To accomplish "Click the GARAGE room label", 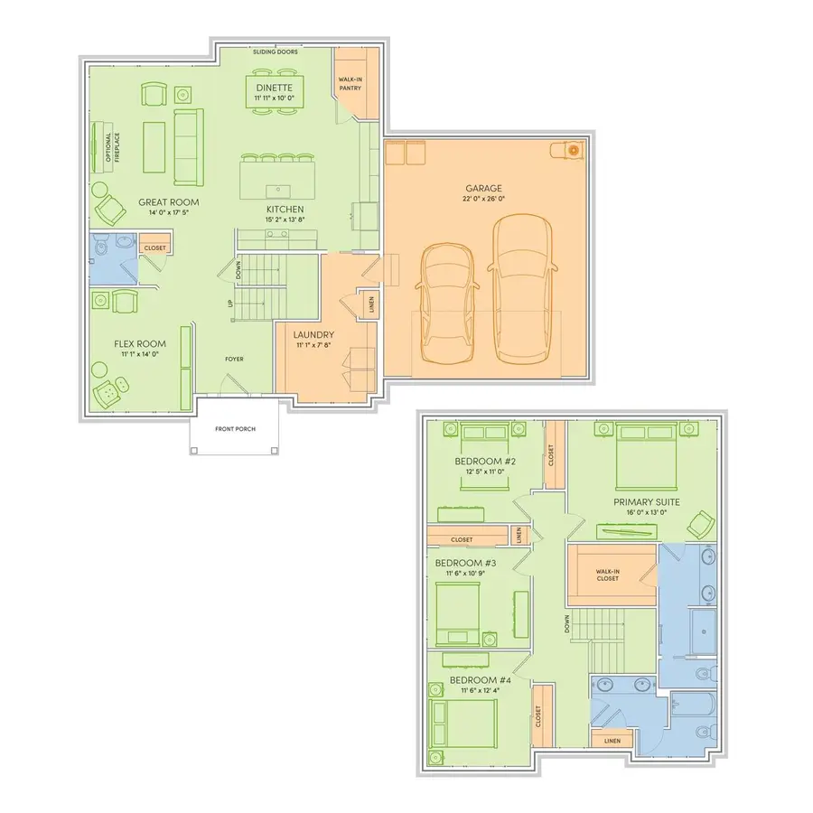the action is tap(484, 189).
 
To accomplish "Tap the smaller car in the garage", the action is tap(447, 303).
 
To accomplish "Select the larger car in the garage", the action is tap(522, 288).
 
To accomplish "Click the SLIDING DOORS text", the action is tap(276, 51).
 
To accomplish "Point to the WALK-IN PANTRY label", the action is tap(350, 84).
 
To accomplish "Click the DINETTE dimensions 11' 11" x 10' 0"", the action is tap(275, 98).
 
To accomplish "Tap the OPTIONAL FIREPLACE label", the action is tap(113, 147).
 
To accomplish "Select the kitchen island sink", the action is tap(278, 191).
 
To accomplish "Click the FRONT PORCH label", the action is tap(236, 429).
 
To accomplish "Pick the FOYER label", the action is tap(234, 359).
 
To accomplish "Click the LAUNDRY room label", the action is tap(313, 335).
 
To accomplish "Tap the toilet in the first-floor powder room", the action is tap(100, 247).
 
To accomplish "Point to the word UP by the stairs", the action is tap(230, 304).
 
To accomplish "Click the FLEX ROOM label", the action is tap(140, 344).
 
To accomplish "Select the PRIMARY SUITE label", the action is tap(647, 502).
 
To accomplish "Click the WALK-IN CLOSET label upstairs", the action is tap(608, 575).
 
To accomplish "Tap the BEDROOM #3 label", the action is tap(465, 563).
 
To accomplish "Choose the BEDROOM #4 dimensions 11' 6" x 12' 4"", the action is tap(481, 690).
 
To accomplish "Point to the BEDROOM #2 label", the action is tap(485, 462).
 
